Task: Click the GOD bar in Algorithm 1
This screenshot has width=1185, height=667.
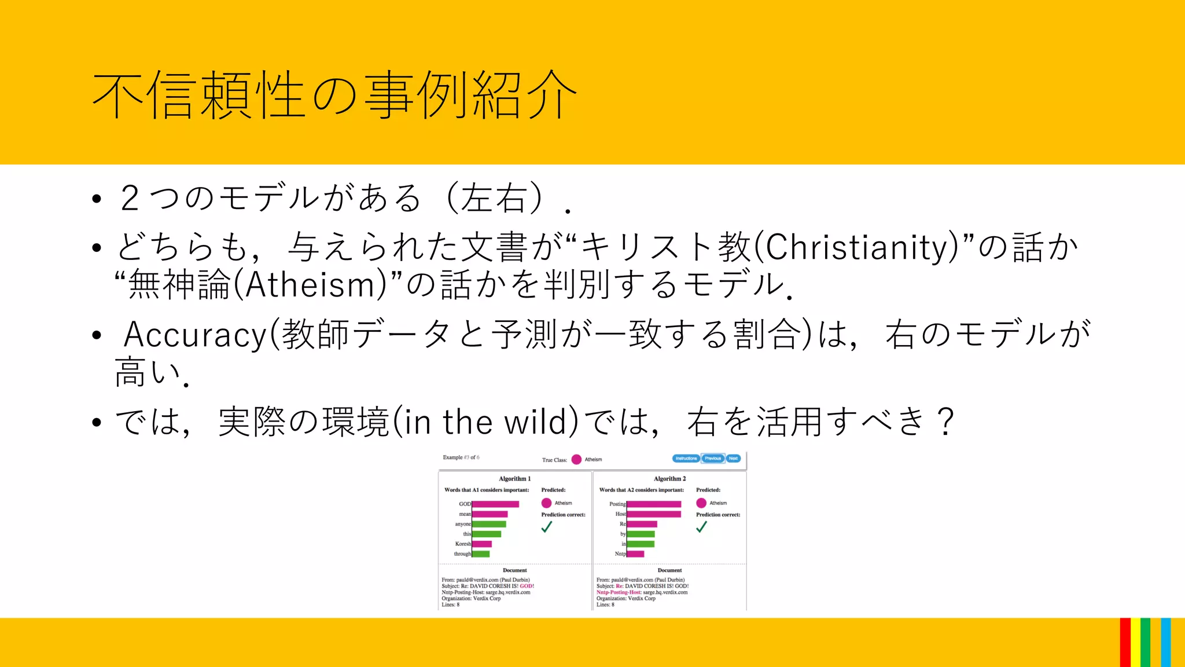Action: (495, 504)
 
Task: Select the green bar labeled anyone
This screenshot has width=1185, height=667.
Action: (489, 524)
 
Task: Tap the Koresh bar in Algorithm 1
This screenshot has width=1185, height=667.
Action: (482, 544)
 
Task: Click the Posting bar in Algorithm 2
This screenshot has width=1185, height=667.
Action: (654, 504)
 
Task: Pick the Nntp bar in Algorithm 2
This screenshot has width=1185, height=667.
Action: (635, 554)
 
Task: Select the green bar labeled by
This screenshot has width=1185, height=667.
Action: (641, 534)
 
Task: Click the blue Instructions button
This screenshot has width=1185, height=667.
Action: (686, 458)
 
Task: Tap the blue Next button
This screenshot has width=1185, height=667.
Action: (733, 458)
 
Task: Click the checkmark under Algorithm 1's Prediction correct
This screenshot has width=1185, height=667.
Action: (547, 527)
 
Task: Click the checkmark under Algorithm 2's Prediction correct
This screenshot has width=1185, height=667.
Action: (701, 527)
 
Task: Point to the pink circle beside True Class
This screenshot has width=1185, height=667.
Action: (576, 459)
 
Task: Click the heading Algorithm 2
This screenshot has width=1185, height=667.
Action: (669, 479)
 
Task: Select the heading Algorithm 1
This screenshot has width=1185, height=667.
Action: (514, 479)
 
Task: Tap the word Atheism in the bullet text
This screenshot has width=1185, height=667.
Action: (312, 285)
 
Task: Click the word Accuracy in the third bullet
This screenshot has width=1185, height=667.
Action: (195, 335)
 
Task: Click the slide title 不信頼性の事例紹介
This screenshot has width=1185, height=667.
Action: (334, 96)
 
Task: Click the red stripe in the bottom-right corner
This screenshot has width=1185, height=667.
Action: (1125, 643)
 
